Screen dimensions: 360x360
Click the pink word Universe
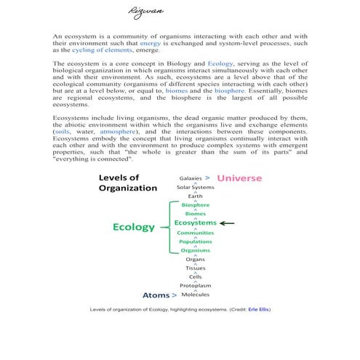(x=239, y=178)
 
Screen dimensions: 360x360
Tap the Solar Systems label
(x=195, y=188)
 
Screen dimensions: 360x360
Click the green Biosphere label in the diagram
(x=195, y=205)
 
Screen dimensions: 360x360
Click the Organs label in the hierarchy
(x=195, y=260)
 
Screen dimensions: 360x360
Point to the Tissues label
(x=195, y=268)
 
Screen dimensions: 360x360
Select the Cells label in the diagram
(x=195, y=277)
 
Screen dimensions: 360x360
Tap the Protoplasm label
(x=195, y=287)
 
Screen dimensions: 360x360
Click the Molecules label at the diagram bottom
(x=195, y=295)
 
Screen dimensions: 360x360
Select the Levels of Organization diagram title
(x=128, y=183)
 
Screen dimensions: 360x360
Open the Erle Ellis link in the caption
(x=259, y=309)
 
